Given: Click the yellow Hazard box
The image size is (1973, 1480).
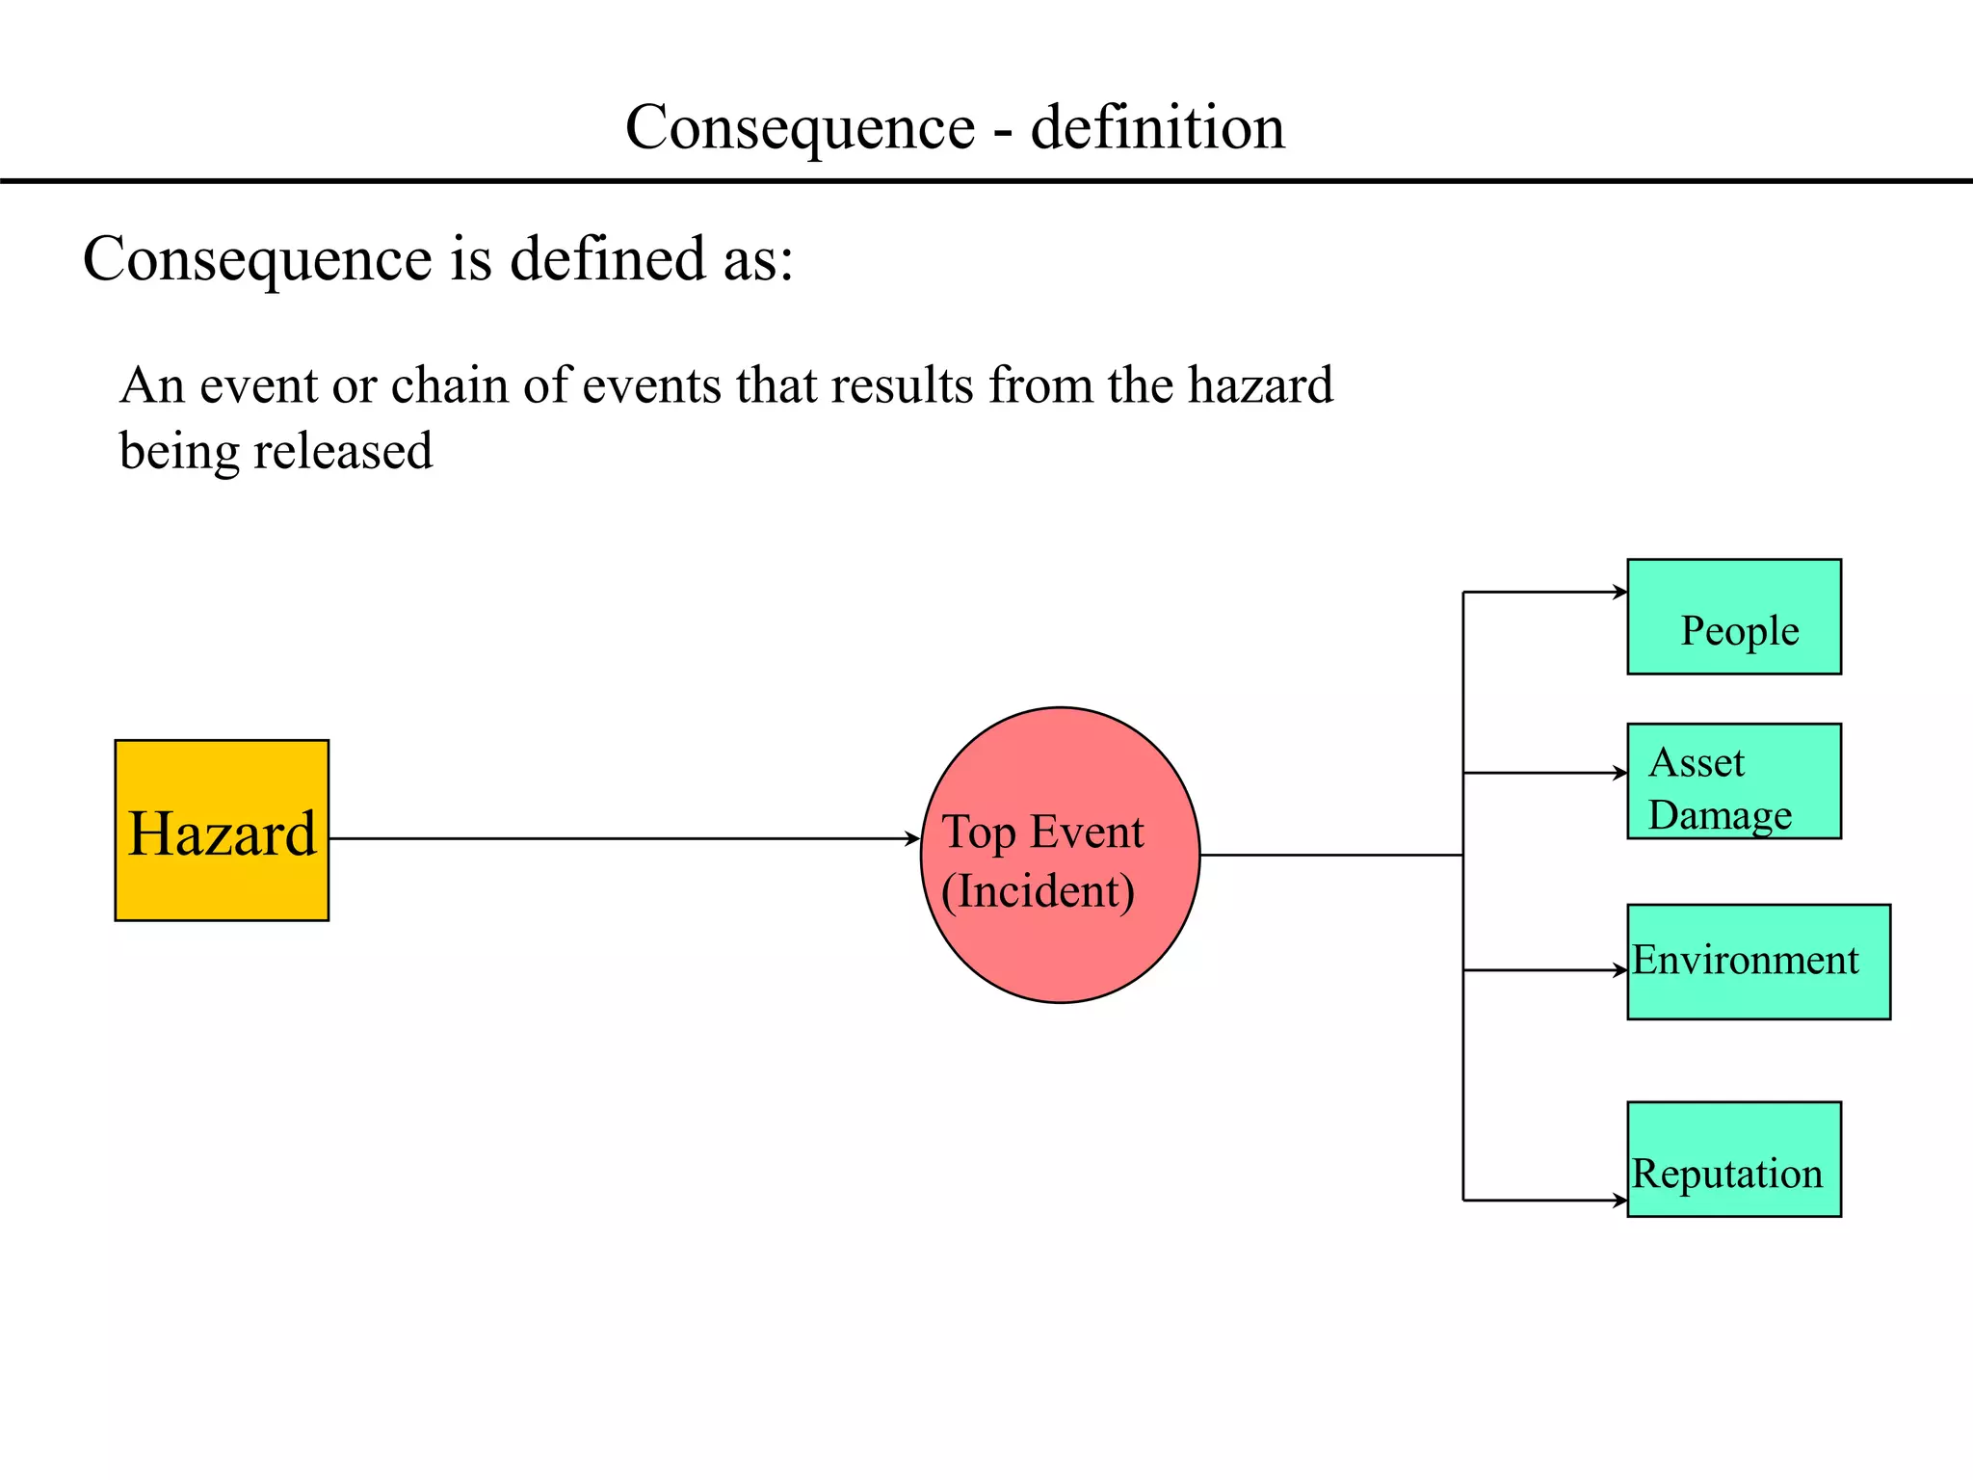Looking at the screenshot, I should coord(222,830).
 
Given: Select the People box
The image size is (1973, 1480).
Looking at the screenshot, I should coord(1733,617).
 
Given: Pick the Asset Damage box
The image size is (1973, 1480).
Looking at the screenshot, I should coord(1733,781).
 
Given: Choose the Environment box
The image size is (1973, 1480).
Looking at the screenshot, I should coord(1758,962).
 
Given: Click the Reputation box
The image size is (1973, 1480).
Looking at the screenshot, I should coord(1733,1159).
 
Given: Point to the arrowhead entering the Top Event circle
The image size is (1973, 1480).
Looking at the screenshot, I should coord(913,838).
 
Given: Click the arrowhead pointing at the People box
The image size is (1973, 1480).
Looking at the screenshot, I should coord(1620,592).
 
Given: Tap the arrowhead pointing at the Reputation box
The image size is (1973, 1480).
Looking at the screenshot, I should coord(1620,1201).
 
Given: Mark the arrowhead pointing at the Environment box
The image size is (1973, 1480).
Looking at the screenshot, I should coord(1620,970).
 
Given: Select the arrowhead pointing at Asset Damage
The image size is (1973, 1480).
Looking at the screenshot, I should coord(1620,773).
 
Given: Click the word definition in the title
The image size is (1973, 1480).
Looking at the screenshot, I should coord(1157,127).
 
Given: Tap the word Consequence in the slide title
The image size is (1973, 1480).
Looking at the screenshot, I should coord(800,127).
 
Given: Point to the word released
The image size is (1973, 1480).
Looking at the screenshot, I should coord(342,451).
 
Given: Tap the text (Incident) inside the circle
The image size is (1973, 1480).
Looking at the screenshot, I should coord(1038,891).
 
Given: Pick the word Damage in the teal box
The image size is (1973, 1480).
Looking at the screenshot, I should coord(1720,815).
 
